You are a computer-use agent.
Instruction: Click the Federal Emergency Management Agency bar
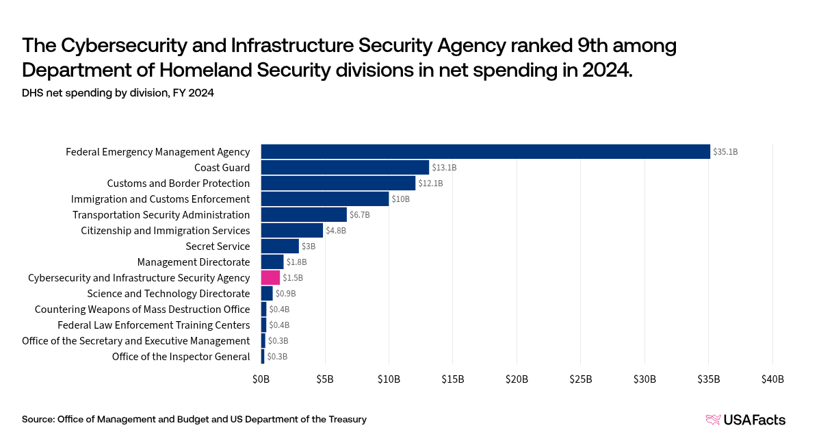click(486, 151)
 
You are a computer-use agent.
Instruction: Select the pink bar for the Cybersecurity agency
click(270, 277)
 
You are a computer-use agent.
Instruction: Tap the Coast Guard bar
click(345, 167)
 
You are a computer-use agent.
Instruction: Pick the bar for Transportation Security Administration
click(304, 214)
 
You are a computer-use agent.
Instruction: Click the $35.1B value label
click(725, 152)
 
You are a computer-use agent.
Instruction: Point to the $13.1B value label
click(444, 168)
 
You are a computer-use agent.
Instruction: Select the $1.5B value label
click(293, 278)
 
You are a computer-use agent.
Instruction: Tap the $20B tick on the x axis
click(517, 379)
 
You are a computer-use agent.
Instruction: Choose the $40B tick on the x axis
click(772, 379)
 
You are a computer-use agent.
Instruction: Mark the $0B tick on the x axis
click(261, 379)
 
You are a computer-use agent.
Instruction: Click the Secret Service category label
click(218, 246)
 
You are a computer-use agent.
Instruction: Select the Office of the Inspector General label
click(181, 356)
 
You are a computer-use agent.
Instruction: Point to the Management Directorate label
click(194, 262)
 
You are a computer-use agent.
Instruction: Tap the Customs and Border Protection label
click(179, 183)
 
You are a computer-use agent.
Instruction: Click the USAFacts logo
click(745, 419)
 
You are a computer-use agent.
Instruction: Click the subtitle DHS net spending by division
click(118, 93)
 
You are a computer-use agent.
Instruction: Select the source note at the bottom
click(194, 419)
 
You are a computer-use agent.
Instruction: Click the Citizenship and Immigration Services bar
click(292, 230)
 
